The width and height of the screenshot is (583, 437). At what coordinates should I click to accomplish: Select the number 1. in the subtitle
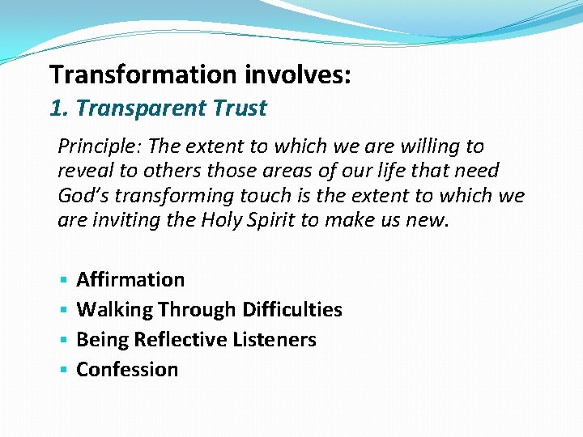[x=58, y=108]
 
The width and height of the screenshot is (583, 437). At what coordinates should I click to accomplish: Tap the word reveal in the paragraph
[x=83, y=171]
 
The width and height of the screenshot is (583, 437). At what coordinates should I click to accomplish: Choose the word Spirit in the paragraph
[x=270, y=219]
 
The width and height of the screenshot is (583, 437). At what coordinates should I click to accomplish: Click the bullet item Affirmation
[x=130, y=280]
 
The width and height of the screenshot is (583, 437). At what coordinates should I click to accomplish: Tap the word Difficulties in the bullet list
[x=291, y=310]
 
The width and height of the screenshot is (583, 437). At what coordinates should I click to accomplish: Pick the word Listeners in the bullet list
[x=274, y=340]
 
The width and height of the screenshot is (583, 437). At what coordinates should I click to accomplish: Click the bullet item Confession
[x=127, y=370]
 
